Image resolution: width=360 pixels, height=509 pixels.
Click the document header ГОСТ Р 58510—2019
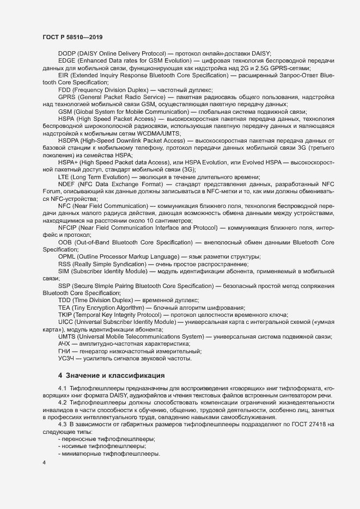[72, 37]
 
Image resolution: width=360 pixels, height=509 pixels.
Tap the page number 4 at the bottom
[44, 462]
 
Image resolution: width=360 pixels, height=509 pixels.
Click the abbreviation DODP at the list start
[68, 53]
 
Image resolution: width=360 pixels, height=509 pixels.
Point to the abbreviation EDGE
[67, 61]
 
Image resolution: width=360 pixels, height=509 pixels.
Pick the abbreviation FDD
[64, 89]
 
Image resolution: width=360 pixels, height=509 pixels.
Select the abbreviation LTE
[64, 176]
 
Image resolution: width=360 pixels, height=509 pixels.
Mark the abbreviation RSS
[65, 263]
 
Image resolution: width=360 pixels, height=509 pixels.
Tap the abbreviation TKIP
[65, 315]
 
